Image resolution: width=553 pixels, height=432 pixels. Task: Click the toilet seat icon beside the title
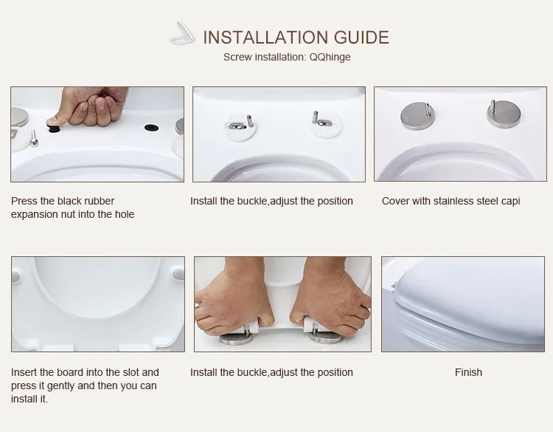pos(182,33)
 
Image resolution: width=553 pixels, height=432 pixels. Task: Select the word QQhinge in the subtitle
pos(330,57)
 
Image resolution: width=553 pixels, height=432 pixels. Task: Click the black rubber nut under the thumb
pos(53,127)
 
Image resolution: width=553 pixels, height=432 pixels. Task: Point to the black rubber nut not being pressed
pos(151,127)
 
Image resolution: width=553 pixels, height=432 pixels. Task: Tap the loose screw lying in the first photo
pos(34,138)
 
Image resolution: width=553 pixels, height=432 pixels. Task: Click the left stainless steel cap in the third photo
pos(417,114)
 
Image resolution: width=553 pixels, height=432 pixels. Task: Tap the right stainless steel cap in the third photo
pos(504,113)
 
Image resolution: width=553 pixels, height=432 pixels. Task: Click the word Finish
pos(468,372)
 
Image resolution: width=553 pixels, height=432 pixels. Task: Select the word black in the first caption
pos(70,201)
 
